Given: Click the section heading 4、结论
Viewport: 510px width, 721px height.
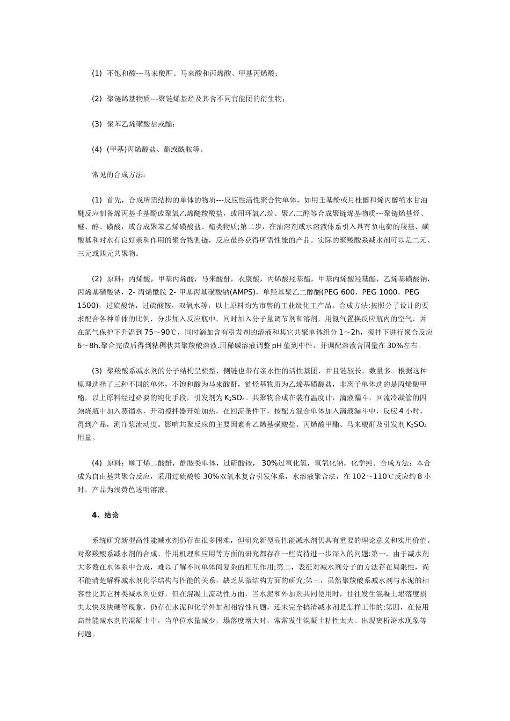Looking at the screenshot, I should tap(105, 515).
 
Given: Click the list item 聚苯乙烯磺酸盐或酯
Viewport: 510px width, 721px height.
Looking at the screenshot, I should tap(141, 124).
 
